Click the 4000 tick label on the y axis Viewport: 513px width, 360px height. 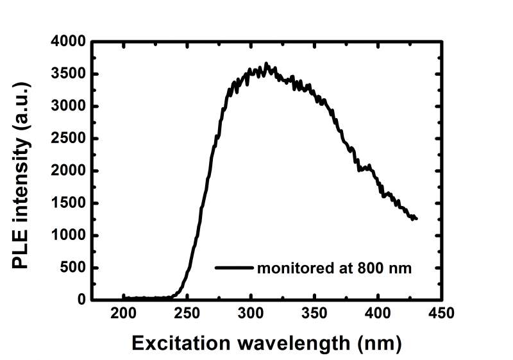[x=68, y=42]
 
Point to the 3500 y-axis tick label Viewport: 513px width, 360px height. [x=68, y=74]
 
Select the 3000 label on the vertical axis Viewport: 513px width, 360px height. [x=68, y=107]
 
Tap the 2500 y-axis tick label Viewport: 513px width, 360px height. [x=68, y=139]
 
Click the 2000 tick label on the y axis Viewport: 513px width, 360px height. [x=68, y=171]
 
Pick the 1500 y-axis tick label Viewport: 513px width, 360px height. [x=68, y=203]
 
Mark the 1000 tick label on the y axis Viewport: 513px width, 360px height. [x=68, y=236]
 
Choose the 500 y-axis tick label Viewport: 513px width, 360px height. [x=72, y=268]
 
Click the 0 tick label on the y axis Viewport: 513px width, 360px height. [x=81, y=300]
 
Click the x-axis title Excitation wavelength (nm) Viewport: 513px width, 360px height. [x=266, y=343]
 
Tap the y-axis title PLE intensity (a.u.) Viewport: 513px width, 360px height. [x=21, y=171]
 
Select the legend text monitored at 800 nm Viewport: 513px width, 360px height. [x=334, y=268]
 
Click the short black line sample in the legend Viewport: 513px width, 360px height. [x=234, y=268]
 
